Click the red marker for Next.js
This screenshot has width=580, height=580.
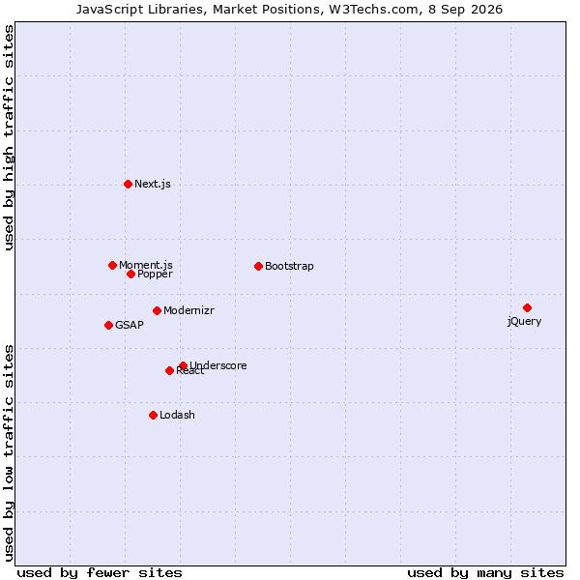tap(128, 185)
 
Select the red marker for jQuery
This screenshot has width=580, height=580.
tap(527, 307)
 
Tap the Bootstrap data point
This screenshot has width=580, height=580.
tap(258, 267)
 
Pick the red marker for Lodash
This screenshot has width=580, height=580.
tap(153, 415)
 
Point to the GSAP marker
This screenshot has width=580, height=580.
tap(108, 325)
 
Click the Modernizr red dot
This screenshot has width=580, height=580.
tap(157, 310)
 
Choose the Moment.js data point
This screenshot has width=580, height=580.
tap(113, 265)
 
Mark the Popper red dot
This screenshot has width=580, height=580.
tap(130, 275)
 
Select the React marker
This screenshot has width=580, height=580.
tap(169, 370)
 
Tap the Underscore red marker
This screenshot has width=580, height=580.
tap(183, 365)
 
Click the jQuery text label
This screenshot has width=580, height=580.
tap(524, 321)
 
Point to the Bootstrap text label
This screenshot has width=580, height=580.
tap(289, 267)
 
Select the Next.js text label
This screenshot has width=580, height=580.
tap(153, 185)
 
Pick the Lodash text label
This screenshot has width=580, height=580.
tap(177, 415)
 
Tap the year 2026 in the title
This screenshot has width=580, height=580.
tap(487, 10)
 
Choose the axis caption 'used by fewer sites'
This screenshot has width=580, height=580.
tap(100, 573)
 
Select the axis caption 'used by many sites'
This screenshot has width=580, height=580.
tap(485, 573)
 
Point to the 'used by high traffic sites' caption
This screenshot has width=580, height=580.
tap(9, 137)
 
